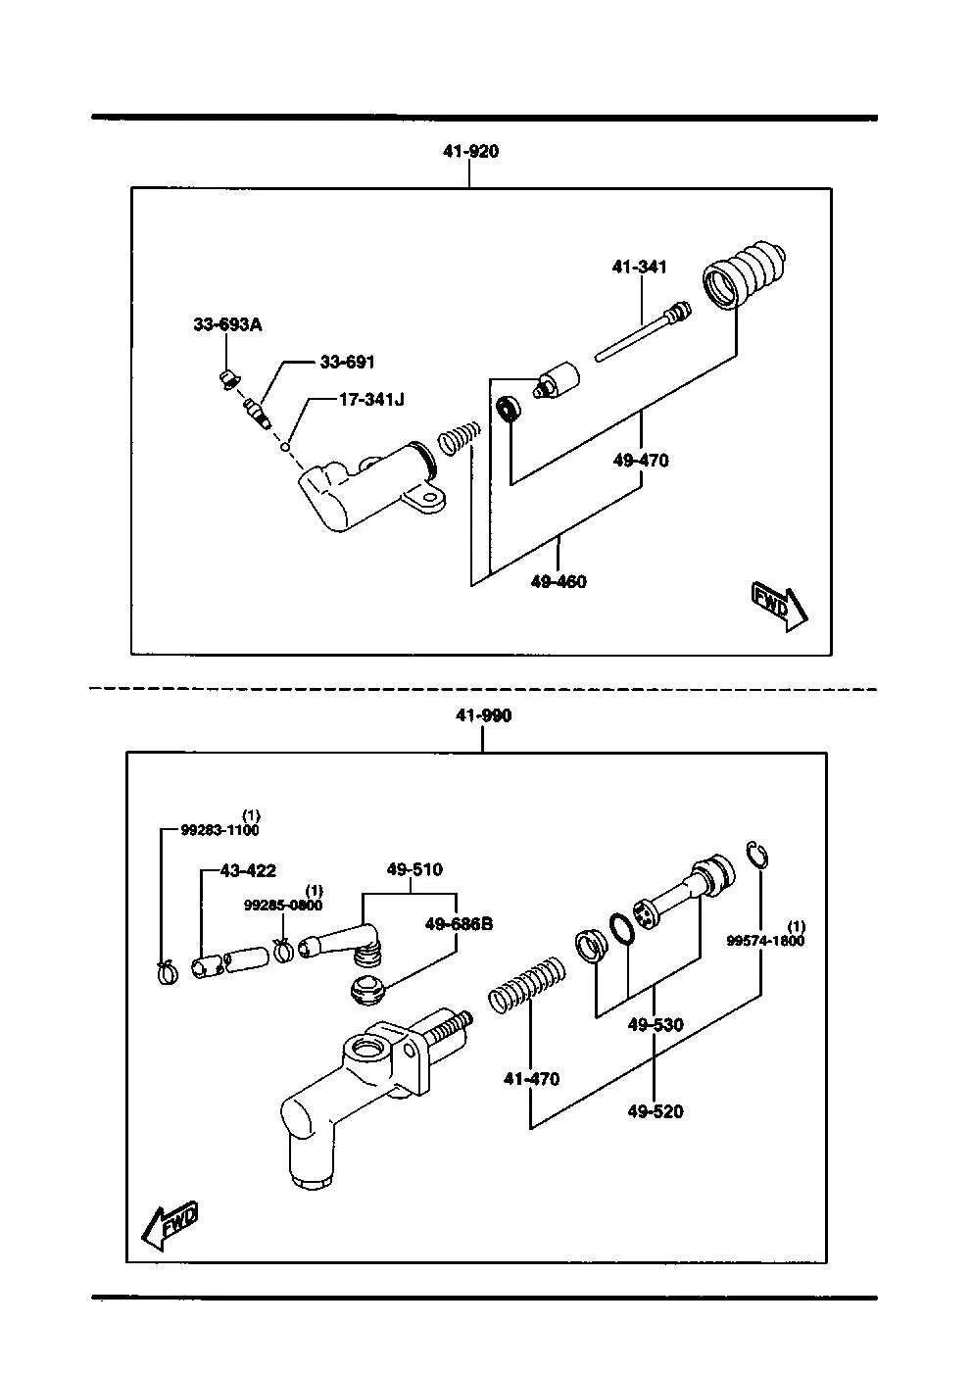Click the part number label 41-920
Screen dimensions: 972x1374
tap(470, 151)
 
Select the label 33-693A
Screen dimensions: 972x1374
tap(227, 324)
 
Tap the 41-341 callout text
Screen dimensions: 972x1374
tap(639, 267)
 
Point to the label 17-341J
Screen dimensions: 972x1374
tap(371, 400)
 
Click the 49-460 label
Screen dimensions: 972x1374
tap(559, 581)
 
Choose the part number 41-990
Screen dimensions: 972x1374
tap(483, 715)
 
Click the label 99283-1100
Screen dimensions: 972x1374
tap(220, 830)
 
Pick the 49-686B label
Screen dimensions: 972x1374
tap(459, 924)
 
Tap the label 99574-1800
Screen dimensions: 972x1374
tap(765, 941)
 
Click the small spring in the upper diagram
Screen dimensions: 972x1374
tap(460, 438)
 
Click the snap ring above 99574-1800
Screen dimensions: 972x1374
tap(758, 856)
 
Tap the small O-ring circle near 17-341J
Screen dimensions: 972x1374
tap(285, 447)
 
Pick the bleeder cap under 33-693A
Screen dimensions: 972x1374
tap(228, 379)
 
